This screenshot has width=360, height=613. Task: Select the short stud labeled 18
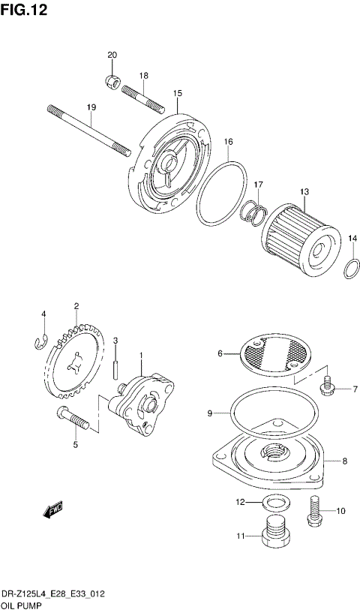[x=141, y=96]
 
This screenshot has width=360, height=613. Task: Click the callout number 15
[x=178, y=94]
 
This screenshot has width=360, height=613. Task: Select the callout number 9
[x=211, y=413]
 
